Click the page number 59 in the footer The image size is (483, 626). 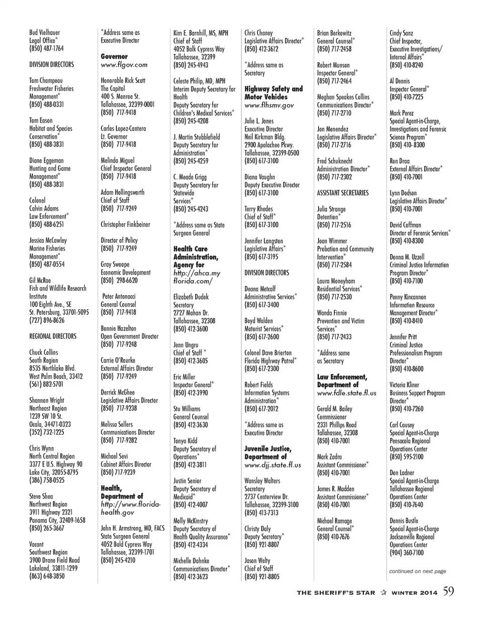[448, 591]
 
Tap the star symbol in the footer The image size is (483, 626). [383, 593]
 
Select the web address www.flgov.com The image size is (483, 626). [124, 65]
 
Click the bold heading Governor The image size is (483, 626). [114, 57]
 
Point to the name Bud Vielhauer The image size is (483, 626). [44, 33]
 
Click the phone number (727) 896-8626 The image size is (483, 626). [47, 320]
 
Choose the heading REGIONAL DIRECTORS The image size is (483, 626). [53, 336]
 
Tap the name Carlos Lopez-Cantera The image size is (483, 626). [123, 129]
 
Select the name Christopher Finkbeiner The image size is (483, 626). [125, 225]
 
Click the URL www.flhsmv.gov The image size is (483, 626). [269, 106]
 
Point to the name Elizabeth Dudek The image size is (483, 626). [191, 297]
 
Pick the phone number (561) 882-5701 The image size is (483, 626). [46, 384]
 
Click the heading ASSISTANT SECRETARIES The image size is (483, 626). [343, 193]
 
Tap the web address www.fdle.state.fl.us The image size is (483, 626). [347, 393]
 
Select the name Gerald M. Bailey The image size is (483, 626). [335, 409]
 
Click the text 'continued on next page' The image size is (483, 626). [418, 571]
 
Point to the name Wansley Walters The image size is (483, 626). [262, 481]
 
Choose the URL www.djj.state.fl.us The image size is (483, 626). [273, 465]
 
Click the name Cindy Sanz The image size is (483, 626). [401, 33]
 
